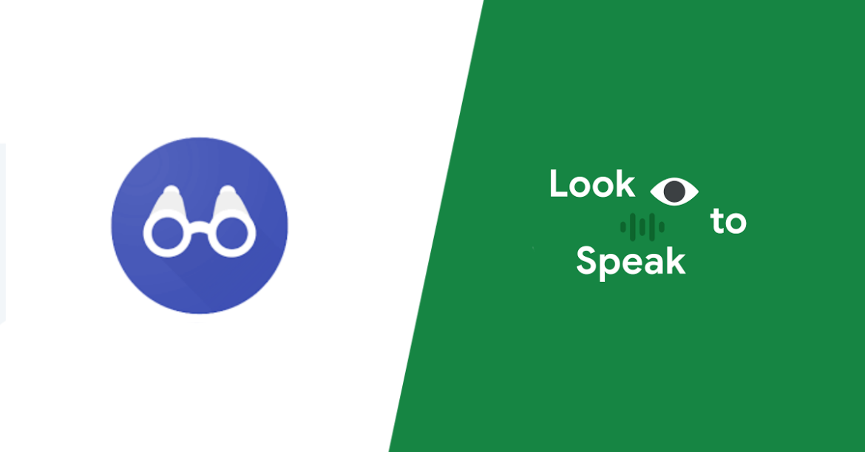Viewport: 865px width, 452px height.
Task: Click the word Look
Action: [592, 183]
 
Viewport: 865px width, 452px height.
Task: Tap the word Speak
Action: [631, 261]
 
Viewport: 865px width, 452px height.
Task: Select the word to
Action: [728, 221]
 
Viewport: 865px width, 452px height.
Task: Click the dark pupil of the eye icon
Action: [674, 192]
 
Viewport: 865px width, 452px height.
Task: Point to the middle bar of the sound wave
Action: [642, 227]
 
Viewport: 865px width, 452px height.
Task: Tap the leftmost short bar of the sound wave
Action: [623, 227]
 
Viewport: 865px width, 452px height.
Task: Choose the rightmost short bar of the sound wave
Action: [662, 227]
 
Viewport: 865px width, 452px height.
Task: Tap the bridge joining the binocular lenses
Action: [199, 227]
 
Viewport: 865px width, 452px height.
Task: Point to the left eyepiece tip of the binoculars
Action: [171, 190]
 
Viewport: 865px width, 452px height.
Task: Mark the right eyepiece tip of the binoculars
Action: [227, 190]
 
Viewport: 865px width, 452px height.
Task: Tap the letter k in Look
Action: [625, 183]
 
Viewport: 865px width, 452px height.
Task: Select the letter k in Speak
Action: [676, 260]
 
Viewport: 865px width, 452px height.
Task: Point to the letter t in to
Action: [717, 221]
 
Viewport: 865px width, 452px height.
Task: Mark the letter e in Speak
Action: [631, 264]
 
